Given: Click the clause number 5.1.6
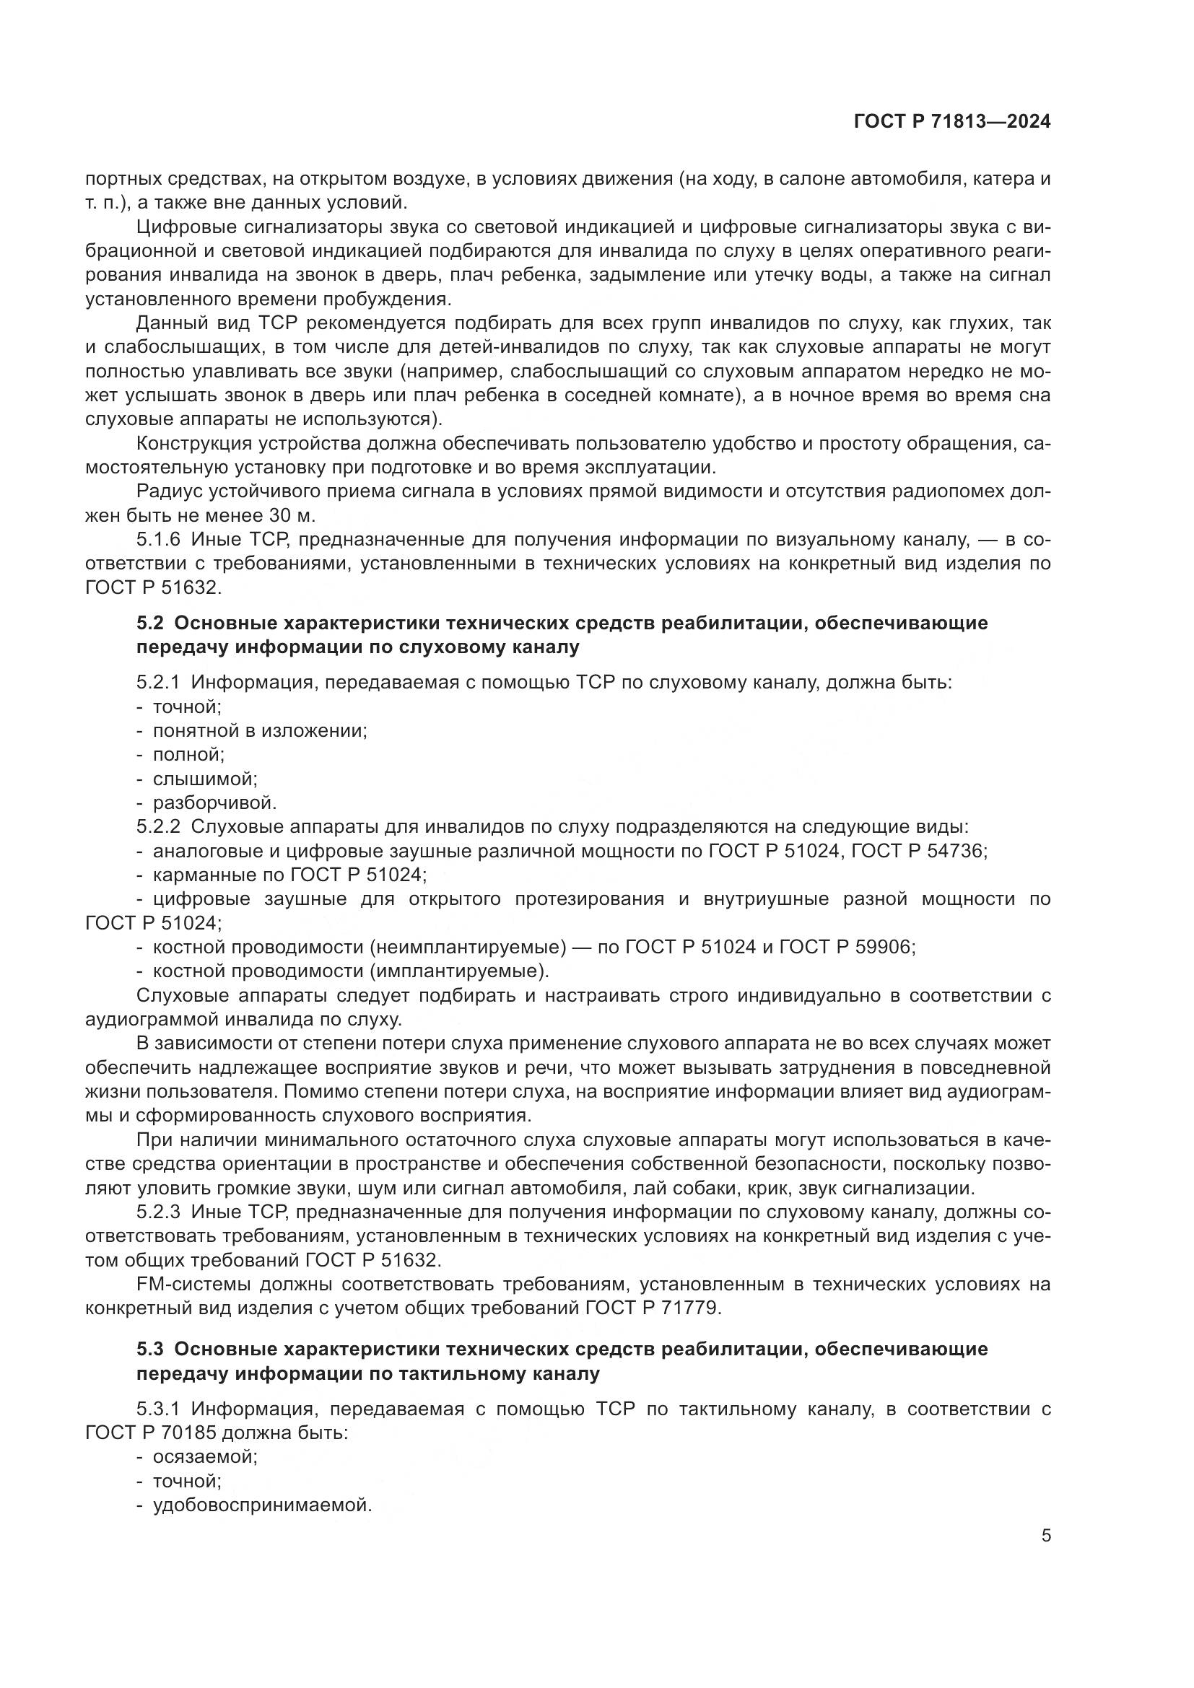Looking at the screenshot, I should [158, 540].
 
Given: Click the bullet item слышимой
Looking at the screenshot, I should [204, 779].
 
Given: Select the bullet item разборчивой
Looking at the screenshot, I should [214, 802].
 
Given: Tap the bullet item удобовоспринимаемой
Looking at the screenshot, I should [263, 1505].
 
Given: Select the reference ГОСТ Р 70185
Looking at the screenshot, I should [151, 1433].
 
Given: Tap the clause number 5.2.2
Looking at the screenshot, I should [158, 826].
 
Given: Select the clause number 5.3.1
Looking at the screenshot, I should [158, 1409].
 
